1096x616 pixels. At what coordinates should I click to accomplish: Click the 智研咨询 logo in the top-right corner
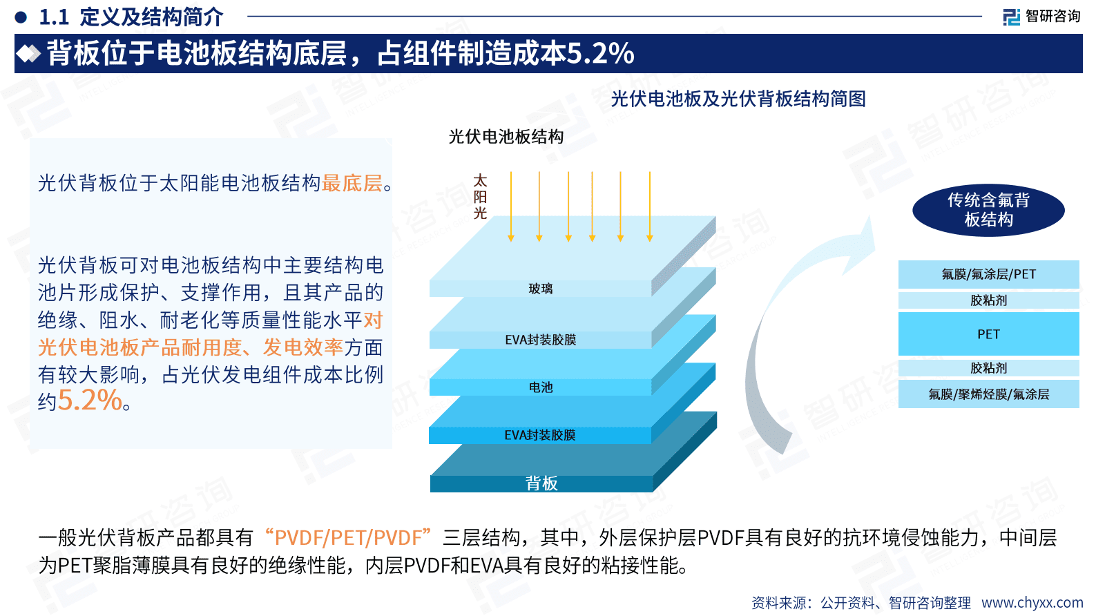tap(1041, 16)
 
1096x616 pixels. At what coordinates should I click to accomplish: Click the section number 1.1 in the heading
tap(54, 17)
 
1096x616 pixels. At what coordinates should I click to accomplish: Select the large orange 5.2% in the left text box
tap(90, 401)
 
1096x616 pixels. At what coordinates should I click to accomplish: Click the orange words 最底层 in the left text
tap(352, 183)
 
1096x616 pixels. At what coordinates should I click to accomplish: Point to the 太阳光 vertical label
tap(480, 198)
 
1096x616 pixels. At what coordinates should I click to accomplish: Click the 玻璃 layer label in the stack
tap(541, 289)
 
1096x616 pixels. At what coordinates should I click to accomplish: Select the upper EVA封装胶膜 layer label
tap(541, 340)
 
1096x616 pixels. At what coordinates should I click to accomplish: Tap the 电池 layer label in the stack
tap(541, 387)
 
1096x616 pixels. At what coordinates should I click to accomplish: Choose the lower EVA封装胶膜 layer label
tap(540, 435)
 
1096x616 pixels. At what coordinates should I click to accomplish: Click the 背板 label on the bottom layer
tap(541, 483)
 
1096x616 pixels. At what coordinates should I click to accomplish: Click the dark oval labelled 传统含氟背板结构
tap(988, 210)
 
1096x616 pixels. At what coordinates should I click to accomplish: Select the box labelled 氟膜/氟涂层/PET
tap(988, 274)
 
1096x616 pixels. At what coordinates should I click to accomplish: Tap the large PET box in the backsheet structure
tap(988, 334)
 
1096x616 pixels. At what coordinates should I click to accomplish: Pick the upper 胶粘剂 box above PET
tap(988, 300)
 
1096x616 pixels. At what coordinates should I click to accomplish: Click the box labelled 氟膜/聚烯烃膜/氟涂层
tap(988, 394)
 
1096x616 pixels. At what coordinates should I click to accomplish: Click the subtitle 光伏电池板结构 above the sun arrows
tap(506, 137)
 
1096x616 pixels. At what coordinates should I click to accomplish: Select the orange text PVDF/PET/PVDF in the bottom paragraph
tap(348, 537)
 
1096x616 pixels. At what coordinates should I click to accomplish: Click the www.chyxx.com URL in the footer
tap(1032, 602)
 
